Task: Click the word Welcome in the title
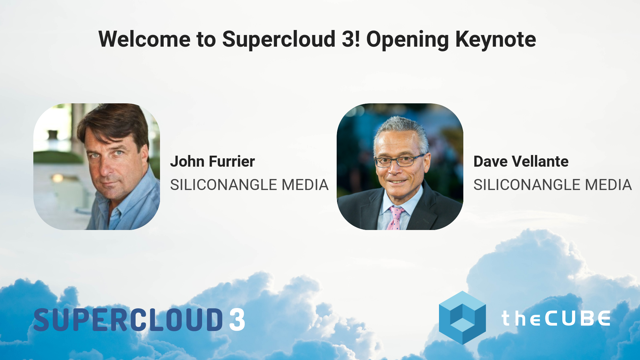tap(144, 39)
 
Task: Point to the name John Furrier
tap(212, 162)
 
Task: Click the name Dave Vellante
tap(521, 162)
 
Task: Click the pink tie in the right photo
tap(395, 218)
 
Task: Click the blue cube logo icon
tap(462, 317)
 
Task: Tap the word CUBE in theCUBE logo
tap(577, 318)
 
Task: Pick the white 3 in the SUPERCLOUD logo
tap(237, 319)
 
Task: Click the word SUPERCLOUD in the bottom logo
tap(128, 319)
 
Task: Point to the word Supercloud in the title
tap(279, 39)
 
